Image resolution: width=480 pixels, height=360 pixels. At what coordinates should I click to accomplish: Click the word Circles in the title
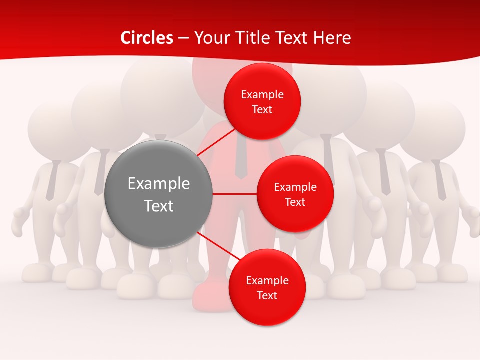click(147, 38)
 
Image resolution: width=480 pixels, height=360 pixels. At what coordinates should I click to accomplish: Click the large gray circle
click(158, 194)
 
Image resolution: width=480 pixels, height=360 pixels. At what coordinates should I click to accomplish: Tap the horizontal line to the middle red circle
click(234, 194)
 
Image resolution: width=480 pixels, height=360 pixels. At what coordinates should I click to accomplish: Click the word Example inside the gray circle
click(158, 184)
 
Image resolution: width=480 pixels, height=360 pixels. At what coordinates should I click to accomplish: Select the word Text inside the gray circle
click(158, 206)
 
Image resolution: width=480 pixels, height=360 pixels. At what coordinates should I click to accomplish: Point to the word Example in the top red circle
click(262, 95)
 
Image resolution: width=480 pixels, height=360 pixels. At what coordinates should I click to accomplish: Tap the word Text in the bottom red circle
click(267, 296)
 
